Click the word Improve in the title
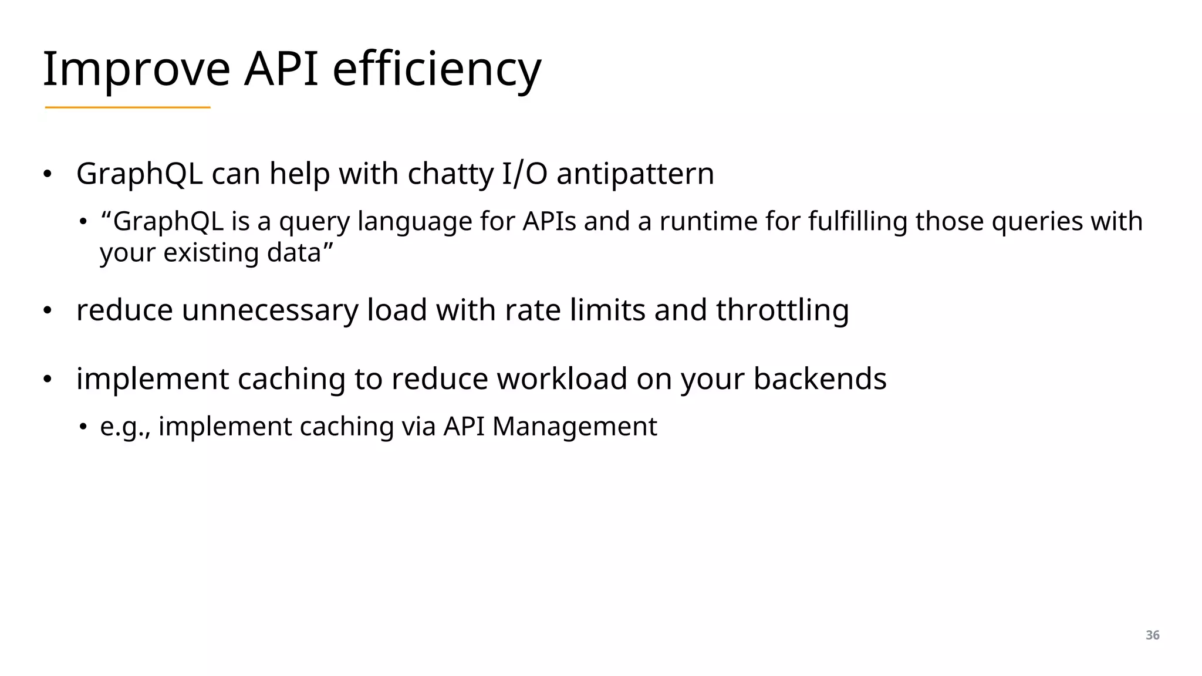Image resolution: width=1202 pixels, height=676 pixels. pyautogui.click(x=136, y=69)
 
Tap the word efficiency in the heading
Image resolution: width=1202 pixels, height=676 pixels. pyautogui.click(x=437, y=69)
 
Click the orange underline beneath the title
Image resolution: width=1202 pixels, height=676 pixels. pyautogui.click(x=127, y=107)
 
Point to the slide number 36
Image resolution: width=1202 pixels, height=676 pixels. pyautogui.click(x=1152, y=635)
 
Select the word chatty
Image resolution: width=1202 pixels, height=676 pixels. pyautogui.click(x=451, y=174)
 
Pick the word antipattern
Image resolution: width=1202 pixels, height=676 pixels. pyautogui.click(x=635, y=174)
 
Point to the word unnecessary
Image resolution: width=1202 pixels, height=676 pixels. pyautogui.click(x=270, y=310)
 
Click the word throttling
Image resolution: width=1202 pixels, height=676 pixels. pyautogui.click(x=782, y=310)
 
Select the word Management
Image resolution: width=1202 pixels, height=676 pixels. pyautogui.click(x=575, y=427)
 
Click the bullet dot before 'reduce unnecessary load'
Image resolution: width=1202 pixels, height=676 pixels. pyautogui.click(x=48, y=311)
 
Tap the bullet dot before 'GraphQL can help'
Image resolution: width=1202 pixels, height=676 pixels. pyautogui.click(x=48, y=174)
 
